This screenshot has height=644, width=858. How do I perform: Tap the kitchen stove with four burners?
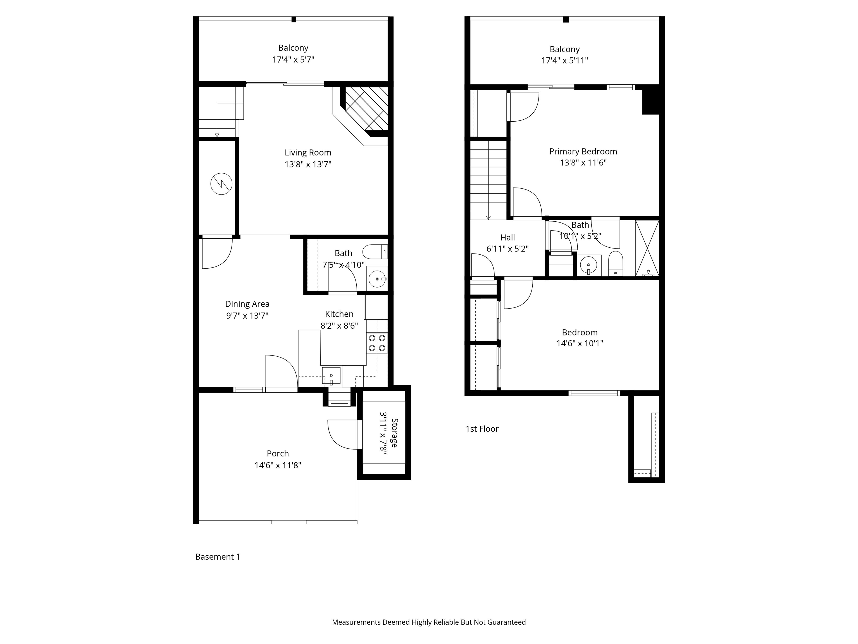[x=377, y=343]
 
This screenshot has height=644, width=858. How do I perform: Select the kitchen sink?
[x=331, y=375]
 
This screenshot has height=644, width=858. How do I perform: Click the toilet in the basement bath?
[x=375, y=252]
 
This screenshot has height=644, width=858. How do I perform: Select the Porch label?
[x=278, y=453]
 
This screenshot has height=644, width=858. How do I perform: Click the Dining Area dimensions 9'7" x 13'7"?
[x=247, y=316]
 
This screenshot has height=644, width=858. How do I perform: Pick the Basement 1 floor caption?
[x=218, y=557]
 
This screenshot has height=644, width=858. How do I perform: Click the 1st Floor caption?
[x=482, y=428]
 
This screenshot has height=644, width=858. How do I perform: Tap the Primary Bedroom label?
[x=583, y=151]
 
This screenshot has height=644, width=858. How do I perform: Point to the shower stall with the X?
[x=647, y=248]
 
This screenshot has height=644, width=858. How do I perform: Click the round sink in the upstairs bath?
[x=588, y=265]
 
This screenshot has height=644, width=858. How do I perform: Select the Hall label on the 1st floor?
[x=507, y=238]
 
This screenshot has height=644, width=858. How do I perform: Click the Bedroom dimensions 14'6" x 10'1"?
[x=580, y=343]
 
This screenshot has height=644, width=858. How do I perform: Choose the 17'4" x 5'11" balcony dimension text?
[x=564, y=61]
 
